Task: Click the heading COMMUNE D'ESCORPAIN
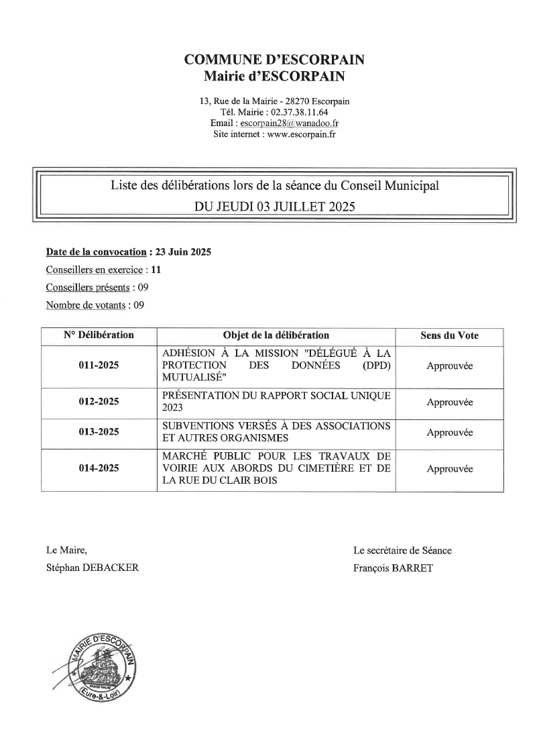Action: pos(274,60)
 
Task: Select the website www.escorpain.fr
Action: pos(301,134)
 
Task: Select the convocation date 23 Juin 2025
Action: pos(183,252)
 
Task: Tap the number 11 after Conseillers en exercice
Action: pos(156,270)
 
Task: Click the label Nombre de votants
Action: pos(85,305)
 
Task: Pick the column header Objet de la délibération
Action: pos(276,335)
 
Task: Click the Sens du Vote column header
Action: pos(449,335)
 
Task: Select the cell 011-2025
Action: pos(99,366)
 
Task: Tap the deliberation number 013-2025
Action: pos(99,432)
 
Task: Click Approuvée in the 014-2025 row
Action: pos(449,469)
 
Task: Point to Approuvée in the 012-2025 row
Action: pos(449,402)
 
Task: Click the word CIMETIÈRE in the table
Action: pos(324,468)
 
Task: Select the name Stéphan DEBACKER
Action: pos(93,568)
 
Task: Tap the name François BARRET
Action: pos(393,568)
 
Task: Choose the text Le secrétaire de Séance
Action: pos(402,550)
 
